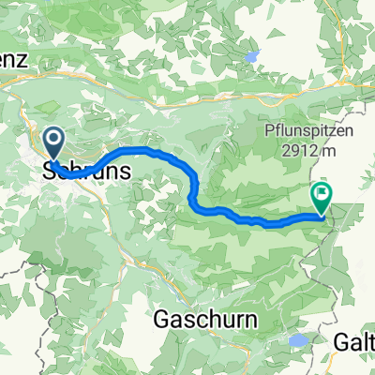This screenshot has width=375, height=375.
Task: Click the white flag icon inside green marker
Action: pos(322,194)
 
